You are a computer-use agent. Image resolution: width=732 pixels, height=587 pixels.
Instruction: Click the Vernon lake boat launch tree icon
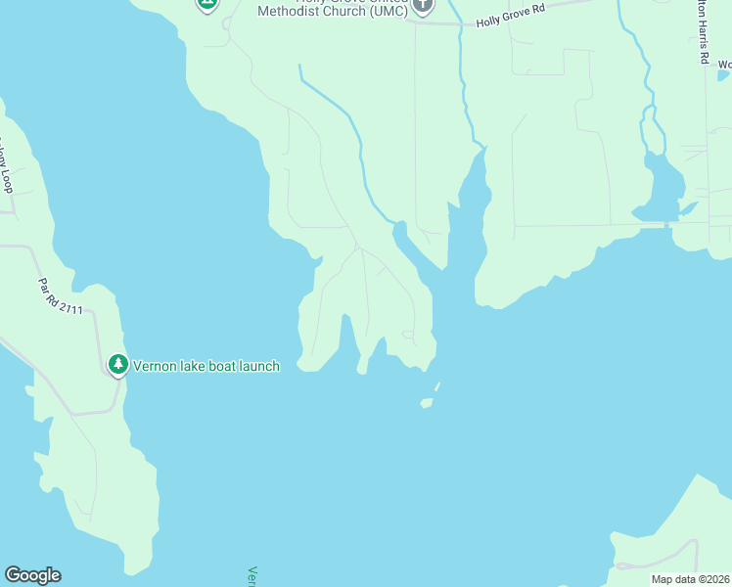click(x=117, y=365)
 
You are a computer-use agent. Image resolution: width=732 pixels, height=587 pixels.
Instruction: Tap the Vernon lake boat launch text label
click(x=206, y=366)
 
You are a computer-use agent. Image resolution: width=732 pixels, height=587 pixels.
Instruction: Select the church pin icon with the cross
click(x=422, y=5)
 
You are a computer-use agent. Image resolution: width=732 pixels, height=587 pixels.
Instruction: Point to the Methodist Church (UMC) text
click(x=333, y=12)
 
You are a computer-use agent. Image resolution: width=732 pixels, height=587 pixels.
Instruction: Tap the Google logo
click(x=32, y=575)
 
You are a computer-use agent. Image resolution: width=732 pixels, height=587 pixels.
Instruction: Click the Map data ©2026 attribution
click(x=690, y=579)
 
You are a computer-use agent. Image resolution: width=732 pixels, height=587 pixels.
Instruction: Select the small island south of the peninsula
click(x=426, y=402)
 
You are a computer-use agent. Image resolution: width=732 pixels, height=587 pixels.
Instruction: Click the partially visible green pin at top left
click(x=206, y=4)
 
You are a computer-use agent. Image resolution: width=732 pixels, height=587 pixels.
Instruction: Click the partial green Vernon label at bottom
click(x=252, y=575)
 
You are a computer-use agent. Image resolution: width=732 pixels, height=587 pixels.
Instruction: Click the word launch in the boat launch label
click(x=259, y=366)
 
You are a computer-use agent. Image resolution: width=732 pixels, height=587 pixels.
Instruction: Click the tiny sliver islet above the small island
click(x=436, y=386)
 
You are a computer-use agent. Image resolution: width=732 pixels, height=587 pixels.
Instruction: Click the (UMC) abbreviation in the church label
click(x=381, y=12)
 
